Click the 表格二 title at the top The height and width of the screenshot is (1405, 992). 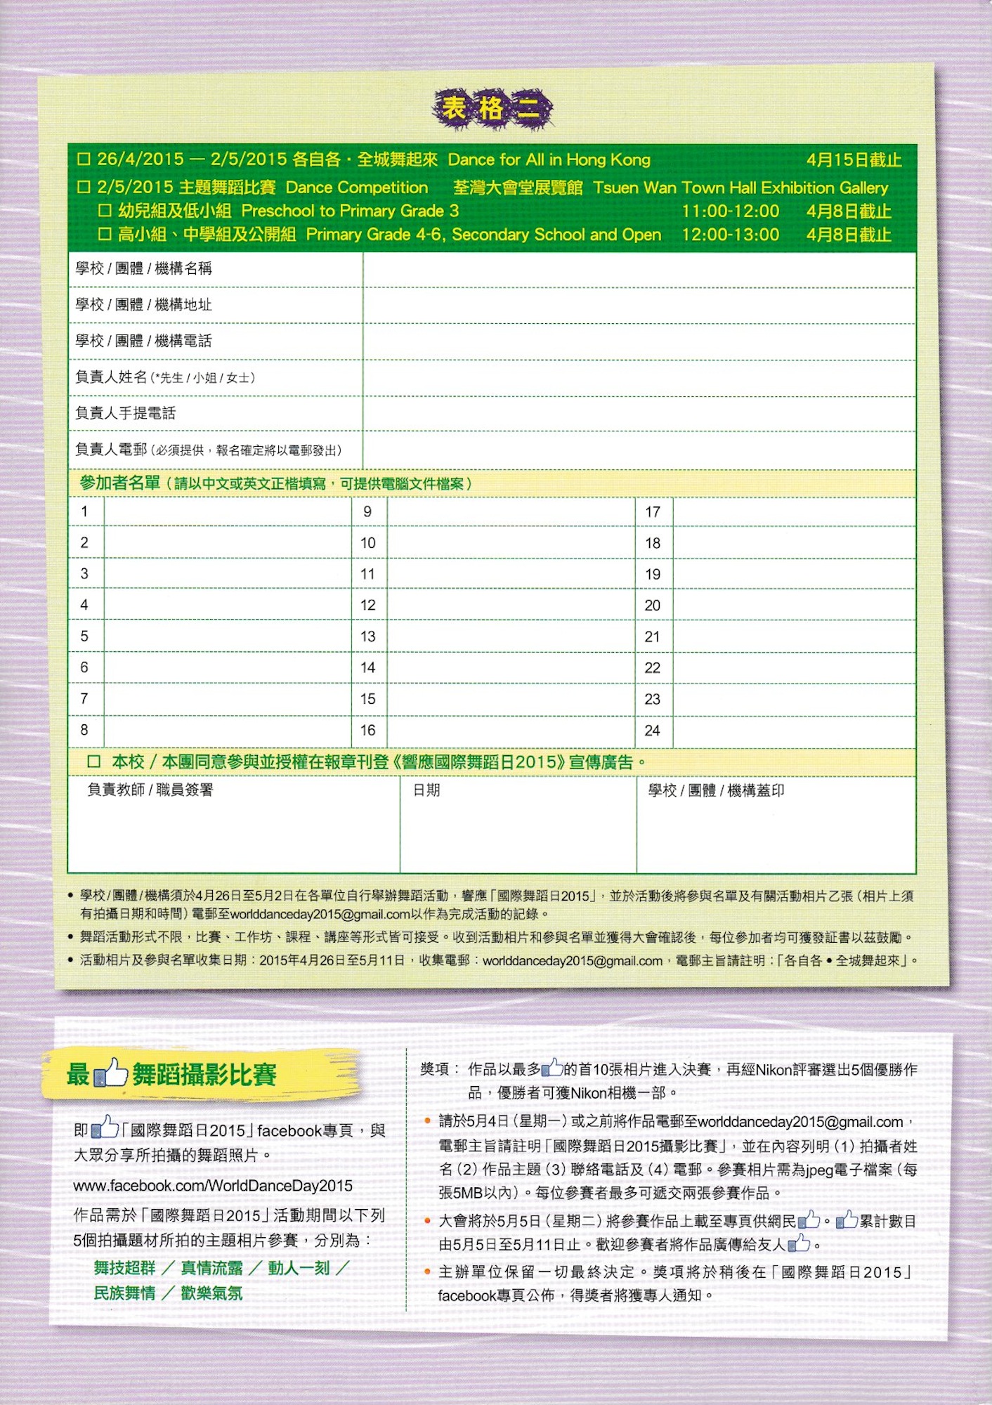click(492, 109)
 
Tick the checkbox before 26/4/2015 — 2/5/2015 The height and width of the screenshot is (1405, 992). click(84, 159)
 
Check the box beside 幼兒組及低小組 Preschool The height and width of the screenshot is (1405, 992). click(105, 211)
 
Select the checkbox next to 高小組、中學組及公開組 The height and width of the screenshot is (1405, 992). click(105, 234)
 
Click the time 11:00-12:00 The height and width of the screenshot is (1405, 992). click(730, 211)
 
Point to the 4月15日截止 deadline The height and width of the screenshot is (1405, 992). click(854, 160)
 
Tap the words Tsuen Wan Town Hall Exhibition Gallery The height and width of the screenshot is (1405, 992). click(740, 188)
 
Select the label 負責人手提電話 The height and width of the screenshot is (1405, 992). click(126, 414)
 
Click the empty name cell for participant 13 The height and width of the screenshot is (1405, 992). click(511, 636)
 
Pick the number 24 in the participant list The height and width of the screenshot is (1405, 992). click(652, 731)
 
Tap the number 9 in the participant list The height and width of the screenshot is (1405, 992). click(367, 512)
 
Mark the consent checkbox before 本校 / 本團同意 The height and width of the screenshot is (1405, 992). click(94, 762)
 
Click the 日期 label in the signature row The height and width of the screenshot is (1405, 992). click(426, 790)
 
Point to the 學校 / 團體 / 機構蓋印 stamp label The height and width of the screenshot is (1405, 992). click(716, 790)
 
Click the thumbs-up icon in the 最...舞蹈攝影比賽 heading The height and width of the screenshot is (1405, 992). click(111, 1073)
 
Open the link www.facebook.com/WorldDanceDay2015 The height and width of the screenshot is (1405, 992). click(213, 1186)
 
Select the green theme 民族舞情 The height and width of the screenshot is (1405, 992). click(125, 1293)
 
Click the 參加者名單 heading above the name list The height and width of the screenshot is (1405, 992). click(120, 483)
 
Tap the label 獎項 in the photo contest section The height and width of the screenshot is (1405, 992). click(435, 1069)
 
